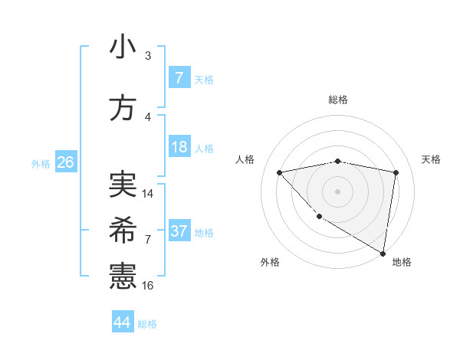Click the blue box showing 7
pyautogui.click(x=179, y=78)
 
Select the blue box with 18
pyautogui.click(x=179, y=147)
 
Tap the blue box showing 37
pyautogui.click(x=179, y=231)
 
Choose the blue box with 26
pyautogui.click(x=65, y=162)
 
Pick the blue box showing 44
pyautogui.click(x=123, y=322)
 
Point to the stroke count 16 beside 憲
pyautogui.click(x=148, y=285)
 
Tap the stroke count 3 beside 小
pyautogui.click(x=147, y=56)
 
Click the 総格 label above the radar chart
pyautogui.click(x=337, y=100)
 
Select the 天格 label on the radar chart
pyautogui.click(x=431, y=159)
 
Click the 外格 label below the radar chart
pyautogui.click(x=270, y=262)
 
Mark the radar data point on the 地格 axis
pyautogui.click(x=383, y=253)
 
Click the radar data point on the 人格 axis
pyautogui.click(x=279, y=172)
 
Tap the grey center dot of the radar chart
pyautogui.click(x=337, y=191)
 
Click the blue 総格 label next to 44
pyautogui.click(x=147, y=324)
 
